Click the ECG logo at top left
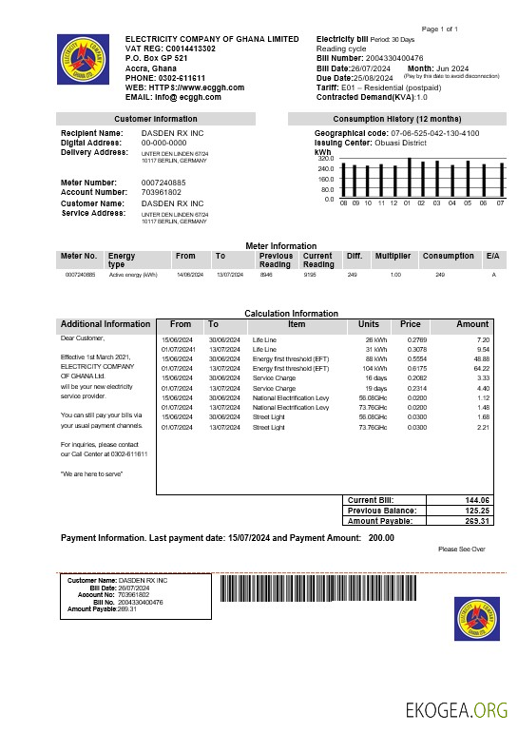click(x=83, y=60)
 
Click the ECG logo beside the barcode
click(x=476, y=619)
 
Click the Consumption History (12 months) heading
click(x=398, y=119)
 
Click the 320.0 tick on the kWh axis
click(x=326, y=158)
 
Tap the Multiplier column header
click(x=392, y=256)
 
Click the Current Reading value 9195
click(x=310, y=274)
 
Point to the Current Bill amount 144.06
click(x=477, y=500)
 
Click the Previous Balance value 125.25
click(x=477, y=511)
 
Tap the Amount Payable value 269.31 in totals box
click(x=477, y=521)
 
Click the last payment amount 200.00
click(x=381, y=538)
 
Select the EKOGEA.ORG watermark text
click(x=456, y=710)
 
